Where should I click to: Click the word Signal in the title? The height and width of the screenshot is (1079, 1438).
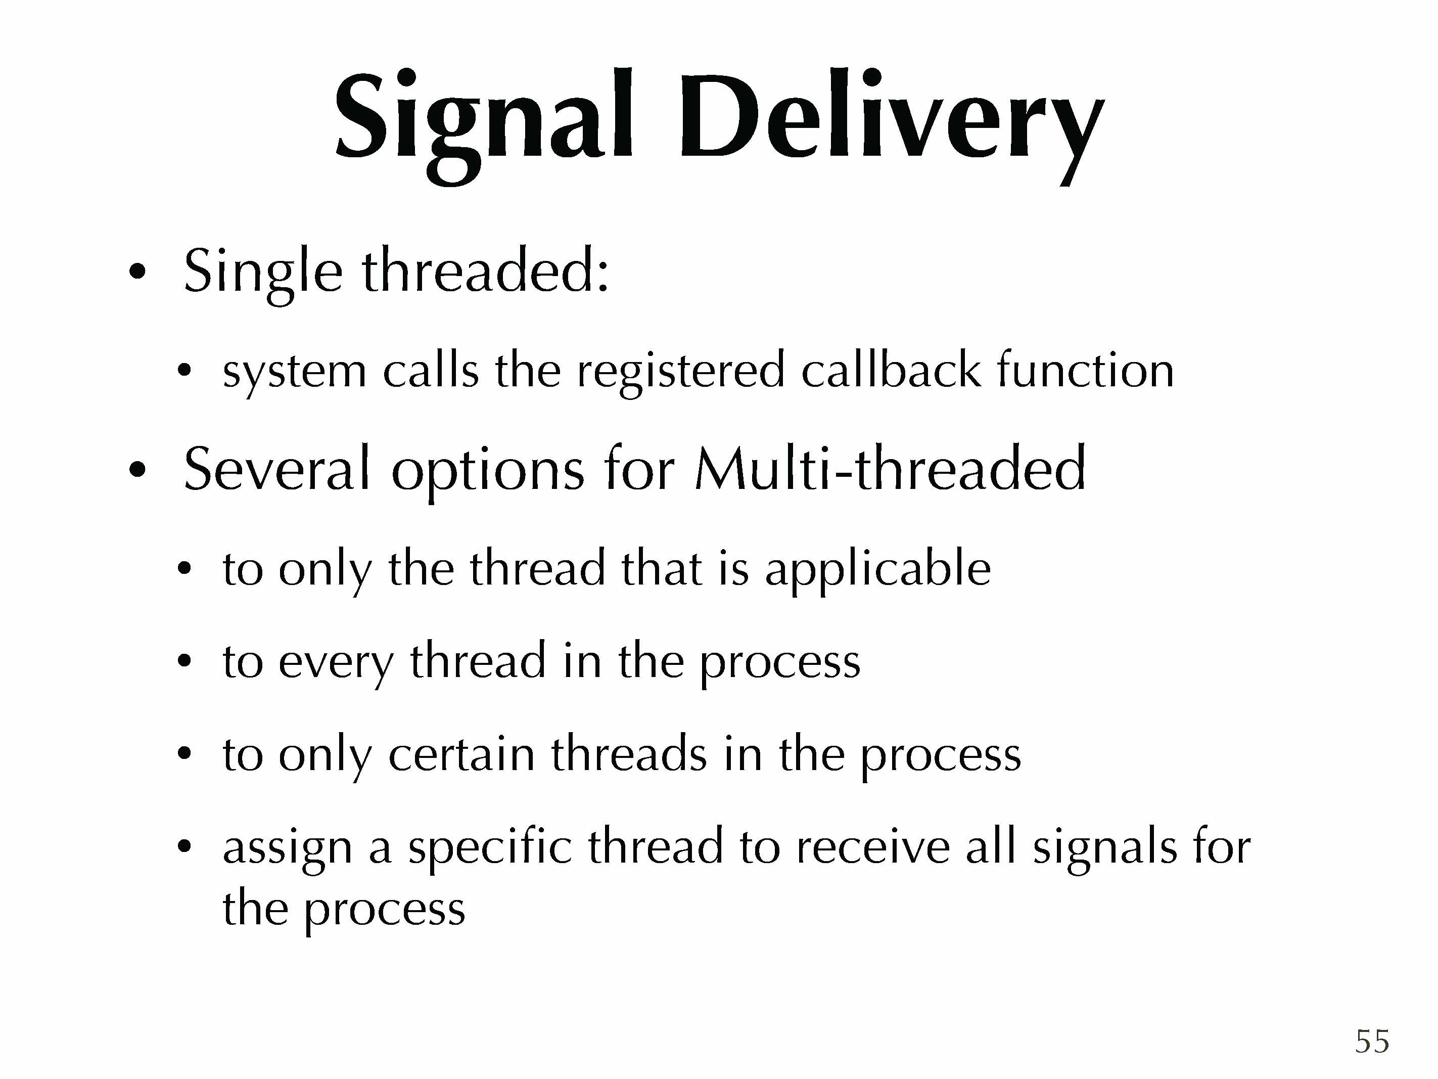tap(484, 123)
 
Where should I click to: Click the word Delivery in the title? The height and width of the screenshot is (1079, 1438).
tap(891, 123)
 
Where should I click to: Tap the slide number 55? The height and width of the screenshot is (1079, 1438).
tap(1372, 1041)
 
